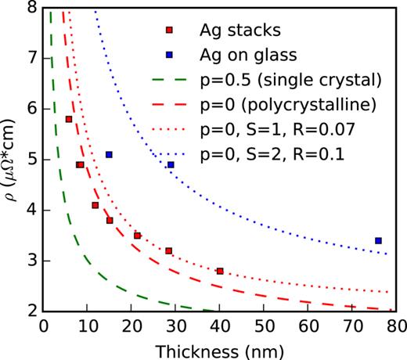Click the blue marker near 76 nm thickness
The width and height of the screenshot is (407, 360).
[378, 240]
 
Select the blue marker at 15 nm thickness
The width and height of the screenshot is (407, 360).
[109, 154]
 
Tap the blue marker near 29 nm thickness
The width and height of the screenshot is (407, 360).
[171, 164]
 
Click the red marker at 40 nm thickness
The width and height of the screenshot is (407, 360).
[220, 271]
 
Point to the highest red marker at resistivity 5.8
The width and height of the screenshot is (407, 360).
[69, 119]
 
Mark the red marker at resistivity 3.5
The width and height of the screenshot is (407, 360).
[137, 236]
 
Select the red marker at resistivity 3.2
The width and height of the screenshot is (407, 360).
[168, 250]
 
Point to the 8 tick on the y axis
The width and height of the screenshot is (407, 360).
[29, 8]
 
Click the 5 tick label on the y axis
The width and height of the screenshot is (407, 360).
[29, 160]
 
